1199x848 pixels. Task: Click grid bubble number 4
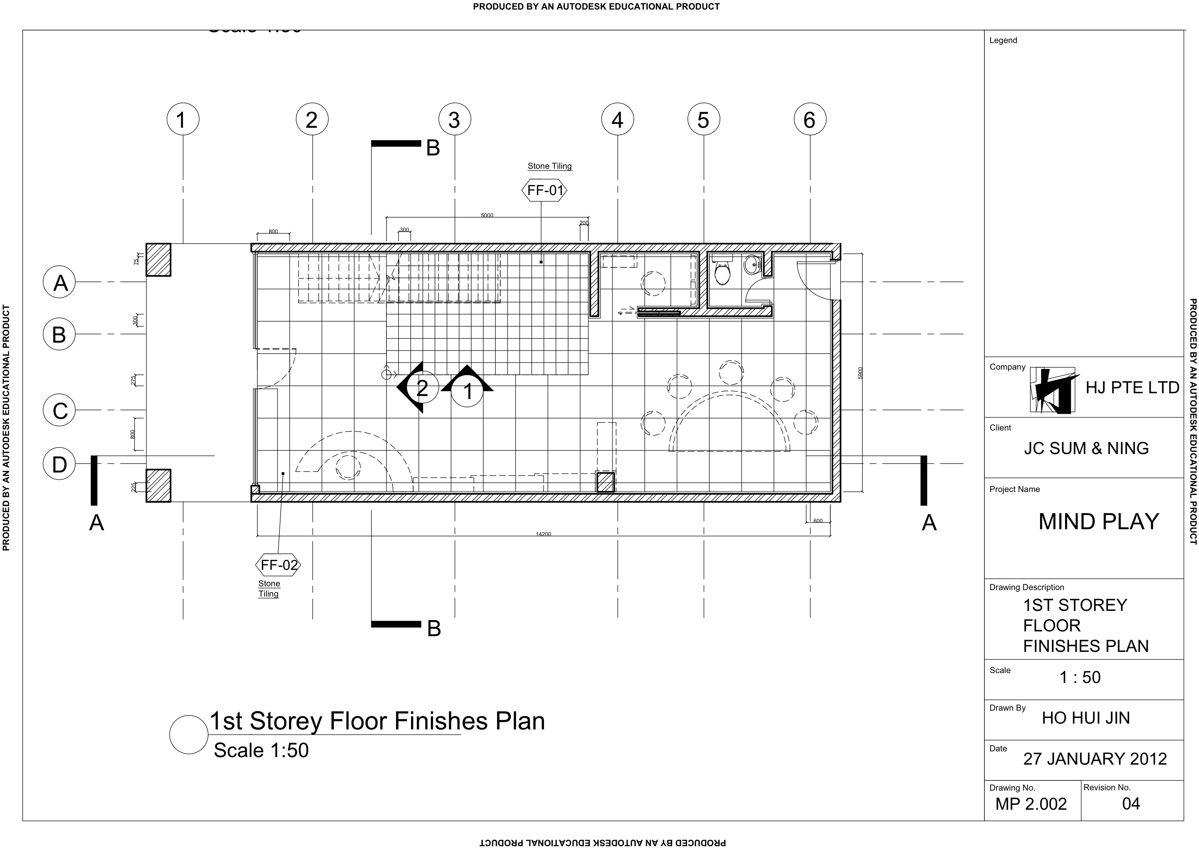tap(617, 120)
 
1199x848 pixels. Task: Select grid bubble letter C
tap(59, 410)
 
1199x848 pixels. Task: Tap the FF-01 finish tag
tap(544, 191)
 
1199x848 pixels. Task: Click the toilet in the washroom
tap(722, 273)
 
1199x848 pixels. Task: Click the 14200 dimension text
tap(543, 534)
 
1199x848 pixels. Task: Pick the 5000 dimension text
tap(487, 215)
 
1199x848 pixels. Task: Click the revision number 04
tap(1131, 804)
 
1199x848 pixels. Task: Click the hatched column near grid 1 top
tap(158, 260)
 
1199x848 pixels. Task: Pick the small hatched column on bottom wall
tap(605, 481)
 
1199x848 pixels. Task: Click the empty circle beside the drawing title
tap(189, 735)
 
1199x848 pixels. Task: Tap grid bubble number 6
tap(809, 120)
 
